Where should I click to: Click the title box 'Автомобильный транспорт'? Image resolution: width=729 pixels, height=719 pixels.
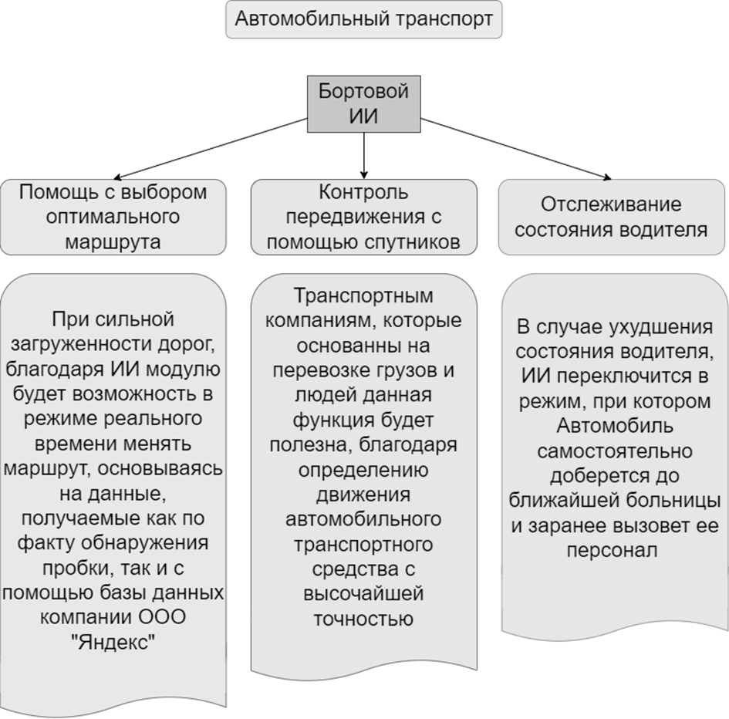[x=363, y=19]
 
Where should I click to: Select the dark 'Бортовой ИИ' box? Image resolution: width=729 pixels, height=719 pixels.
[x=363, y=103]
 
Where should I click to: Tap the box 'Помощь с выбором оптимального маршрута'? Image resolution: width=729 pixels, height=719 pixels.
[x=113, y=218]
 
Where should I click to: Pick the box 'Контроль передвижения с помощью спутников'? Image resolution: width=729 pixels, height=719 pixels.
[x=363, y=218]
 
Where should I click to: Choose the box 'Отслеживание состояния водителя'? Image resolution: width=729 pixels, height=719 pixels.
[x=612, y=218]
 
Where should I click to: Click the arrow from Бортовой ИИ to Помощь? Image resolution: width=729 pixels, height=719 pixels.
[x=211, y=148]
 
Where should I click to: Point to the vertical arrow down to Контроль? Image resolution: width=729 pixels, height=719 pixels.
[x=363, y=156]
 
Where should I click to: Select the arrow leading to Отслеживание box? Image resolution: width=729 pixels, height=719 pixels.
[x=516, y=148]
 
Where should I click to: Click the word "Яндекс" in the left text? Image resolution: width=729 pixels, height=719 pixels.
[x=113, y=643]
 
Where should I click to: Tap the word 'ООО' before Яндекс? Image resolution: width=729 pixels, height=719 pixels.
[x=162, y=617]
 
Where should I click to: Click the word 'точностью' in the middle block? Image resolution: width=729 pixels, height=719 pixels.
[x=363, y=619]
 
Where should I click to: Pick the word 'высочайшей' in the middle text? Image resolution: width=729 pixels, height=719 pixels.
[x=363, y=594]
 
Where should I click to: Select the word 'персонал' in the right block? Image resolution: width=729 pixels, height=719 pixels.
[x=612, y=551]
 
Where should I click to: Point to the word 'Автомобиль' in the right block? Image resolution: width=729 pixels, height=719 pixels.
[x=615, y=426]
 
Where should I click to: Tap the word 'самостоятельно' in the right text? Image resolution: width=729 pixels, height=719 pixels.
[x=615, y=451]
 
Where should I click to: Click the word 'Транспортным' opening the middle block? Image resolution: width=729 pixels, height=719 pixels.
[x=363, y=295]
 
